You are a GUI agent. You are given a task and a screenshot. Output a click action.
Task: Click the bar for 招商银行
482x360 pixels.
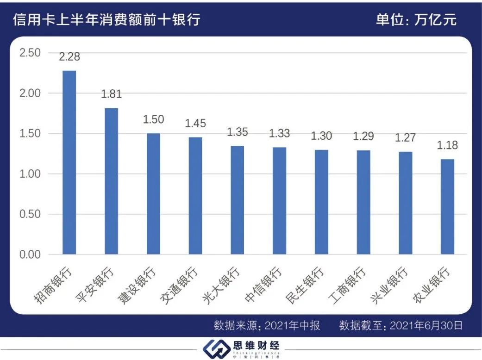pyautogui.click(x=69, y=162)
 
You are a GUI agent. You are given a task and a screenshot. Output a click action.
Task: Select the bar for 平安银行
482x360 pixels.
pyautogui.click(x=111, y=181)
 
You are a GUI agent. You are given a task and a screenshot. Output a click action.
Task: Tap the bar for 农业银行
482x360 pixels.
pyautogui.click(x=447, y=206)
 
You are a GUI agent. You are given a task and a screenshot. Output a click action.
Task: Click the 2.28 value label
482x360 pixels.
pyautogui.click(x=69, y=57)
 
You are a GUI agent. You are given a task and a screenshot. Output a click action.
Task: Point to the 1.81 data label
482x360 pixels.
pyautogui.click(x=111, y=94)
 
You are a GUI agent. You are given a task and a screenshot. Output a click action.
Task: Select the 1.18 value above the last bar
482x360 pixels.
pyautogui.click(x=447, y=145)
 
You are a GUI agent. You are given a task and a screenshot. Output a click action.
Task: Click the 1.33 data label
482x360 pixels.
pyautogui.click(x=279, y=133)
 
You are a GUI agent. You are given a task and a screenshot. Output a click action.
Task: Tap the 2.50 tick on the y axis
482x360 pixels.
pyautogui.click(x=30, y=53)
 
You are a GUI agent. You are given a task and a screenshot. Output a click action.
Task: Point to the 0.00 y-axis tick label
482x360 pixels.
pyautogui.click(x=30, y=254)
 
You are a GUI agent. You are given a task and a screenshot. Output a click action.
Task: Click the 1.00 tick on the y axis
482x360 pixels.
pyautogui.click(x=30, y=174)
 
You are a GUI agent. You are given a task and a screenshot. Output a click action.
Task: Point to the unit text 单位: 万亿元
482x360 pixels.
pyautogui.click(x=416, y=20)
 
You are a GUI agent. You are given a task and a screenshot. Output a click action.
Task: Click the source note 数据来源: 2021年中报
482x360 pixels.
pyautogui.click(x=267, y=325)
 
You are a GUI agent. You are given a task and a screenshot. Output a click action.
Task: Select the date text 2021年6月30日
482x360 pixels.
pyautogui.click(x=426, y=325)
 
